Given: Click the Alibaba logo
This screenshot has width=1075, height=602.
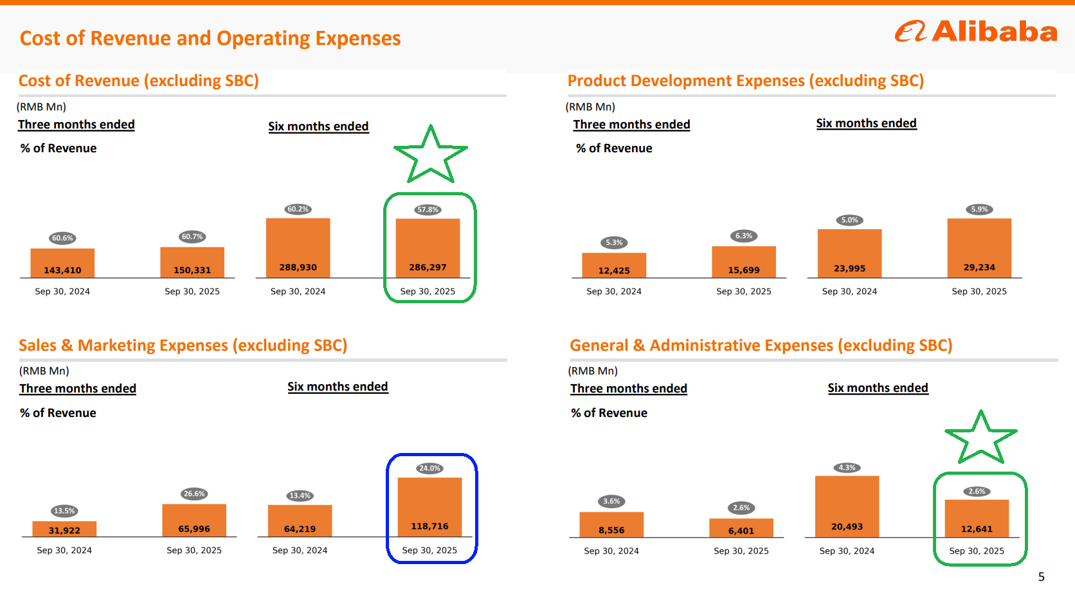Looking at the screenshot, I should [x=975, y=31].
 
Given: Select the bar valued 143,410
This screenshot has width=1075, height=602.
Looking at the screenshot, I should [x=62, y=263].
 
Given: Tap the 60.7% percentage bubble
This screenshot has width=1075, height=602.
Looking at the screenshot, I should [x=192, y=237].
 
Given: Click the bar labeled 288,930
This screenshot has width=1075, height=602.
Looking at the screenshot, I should [x=298, y=248].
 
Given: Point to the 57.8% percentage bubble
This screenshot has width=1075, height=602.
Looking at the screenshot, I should [x=428, y=209].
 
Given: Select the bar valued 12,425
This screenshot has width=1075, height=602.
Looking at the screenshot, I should [x=614, y=265].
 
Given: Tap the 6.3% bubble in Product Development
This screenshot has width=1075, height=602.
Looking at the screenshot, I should [x=744, y=236].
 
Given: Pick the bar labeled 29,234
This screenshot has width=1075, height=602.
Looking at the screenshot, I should [x=979, y=248].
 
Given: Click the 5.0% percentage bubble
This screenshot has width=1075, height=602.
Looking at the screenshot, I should [x=849, y=220].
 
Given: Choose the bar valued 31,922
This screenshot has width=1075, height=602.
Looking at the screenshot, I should [x=64, y=529].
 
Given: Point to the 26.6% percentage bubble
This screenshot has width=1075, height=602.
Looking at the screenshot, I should [x=194, y=494].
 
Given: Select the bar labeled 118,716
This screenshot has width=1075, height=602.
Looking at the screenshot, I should [x=429, y=507].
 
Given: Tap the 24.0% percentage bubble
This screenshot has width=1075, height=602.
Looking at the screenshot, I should [x=429, y=468].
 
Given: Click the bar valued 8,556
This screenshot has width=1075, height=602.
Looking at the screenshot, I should [x=611, y=524].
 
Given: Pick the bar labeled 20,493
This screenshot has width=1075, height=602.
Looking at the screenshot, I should [x=847, y=506].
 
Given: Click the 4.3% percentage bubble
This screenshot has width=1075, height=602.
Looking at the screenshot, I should [x=847, y=468].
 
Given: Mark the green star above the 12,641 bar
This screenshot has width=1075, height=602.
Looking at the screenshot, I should [x=980, y=438].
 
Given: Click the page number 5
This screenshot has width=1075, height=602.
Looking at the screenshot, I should [x=1042, y=577].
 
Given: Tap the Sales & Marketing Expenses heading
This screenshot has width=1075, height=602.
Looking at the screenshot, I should [x=183, y=346].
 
